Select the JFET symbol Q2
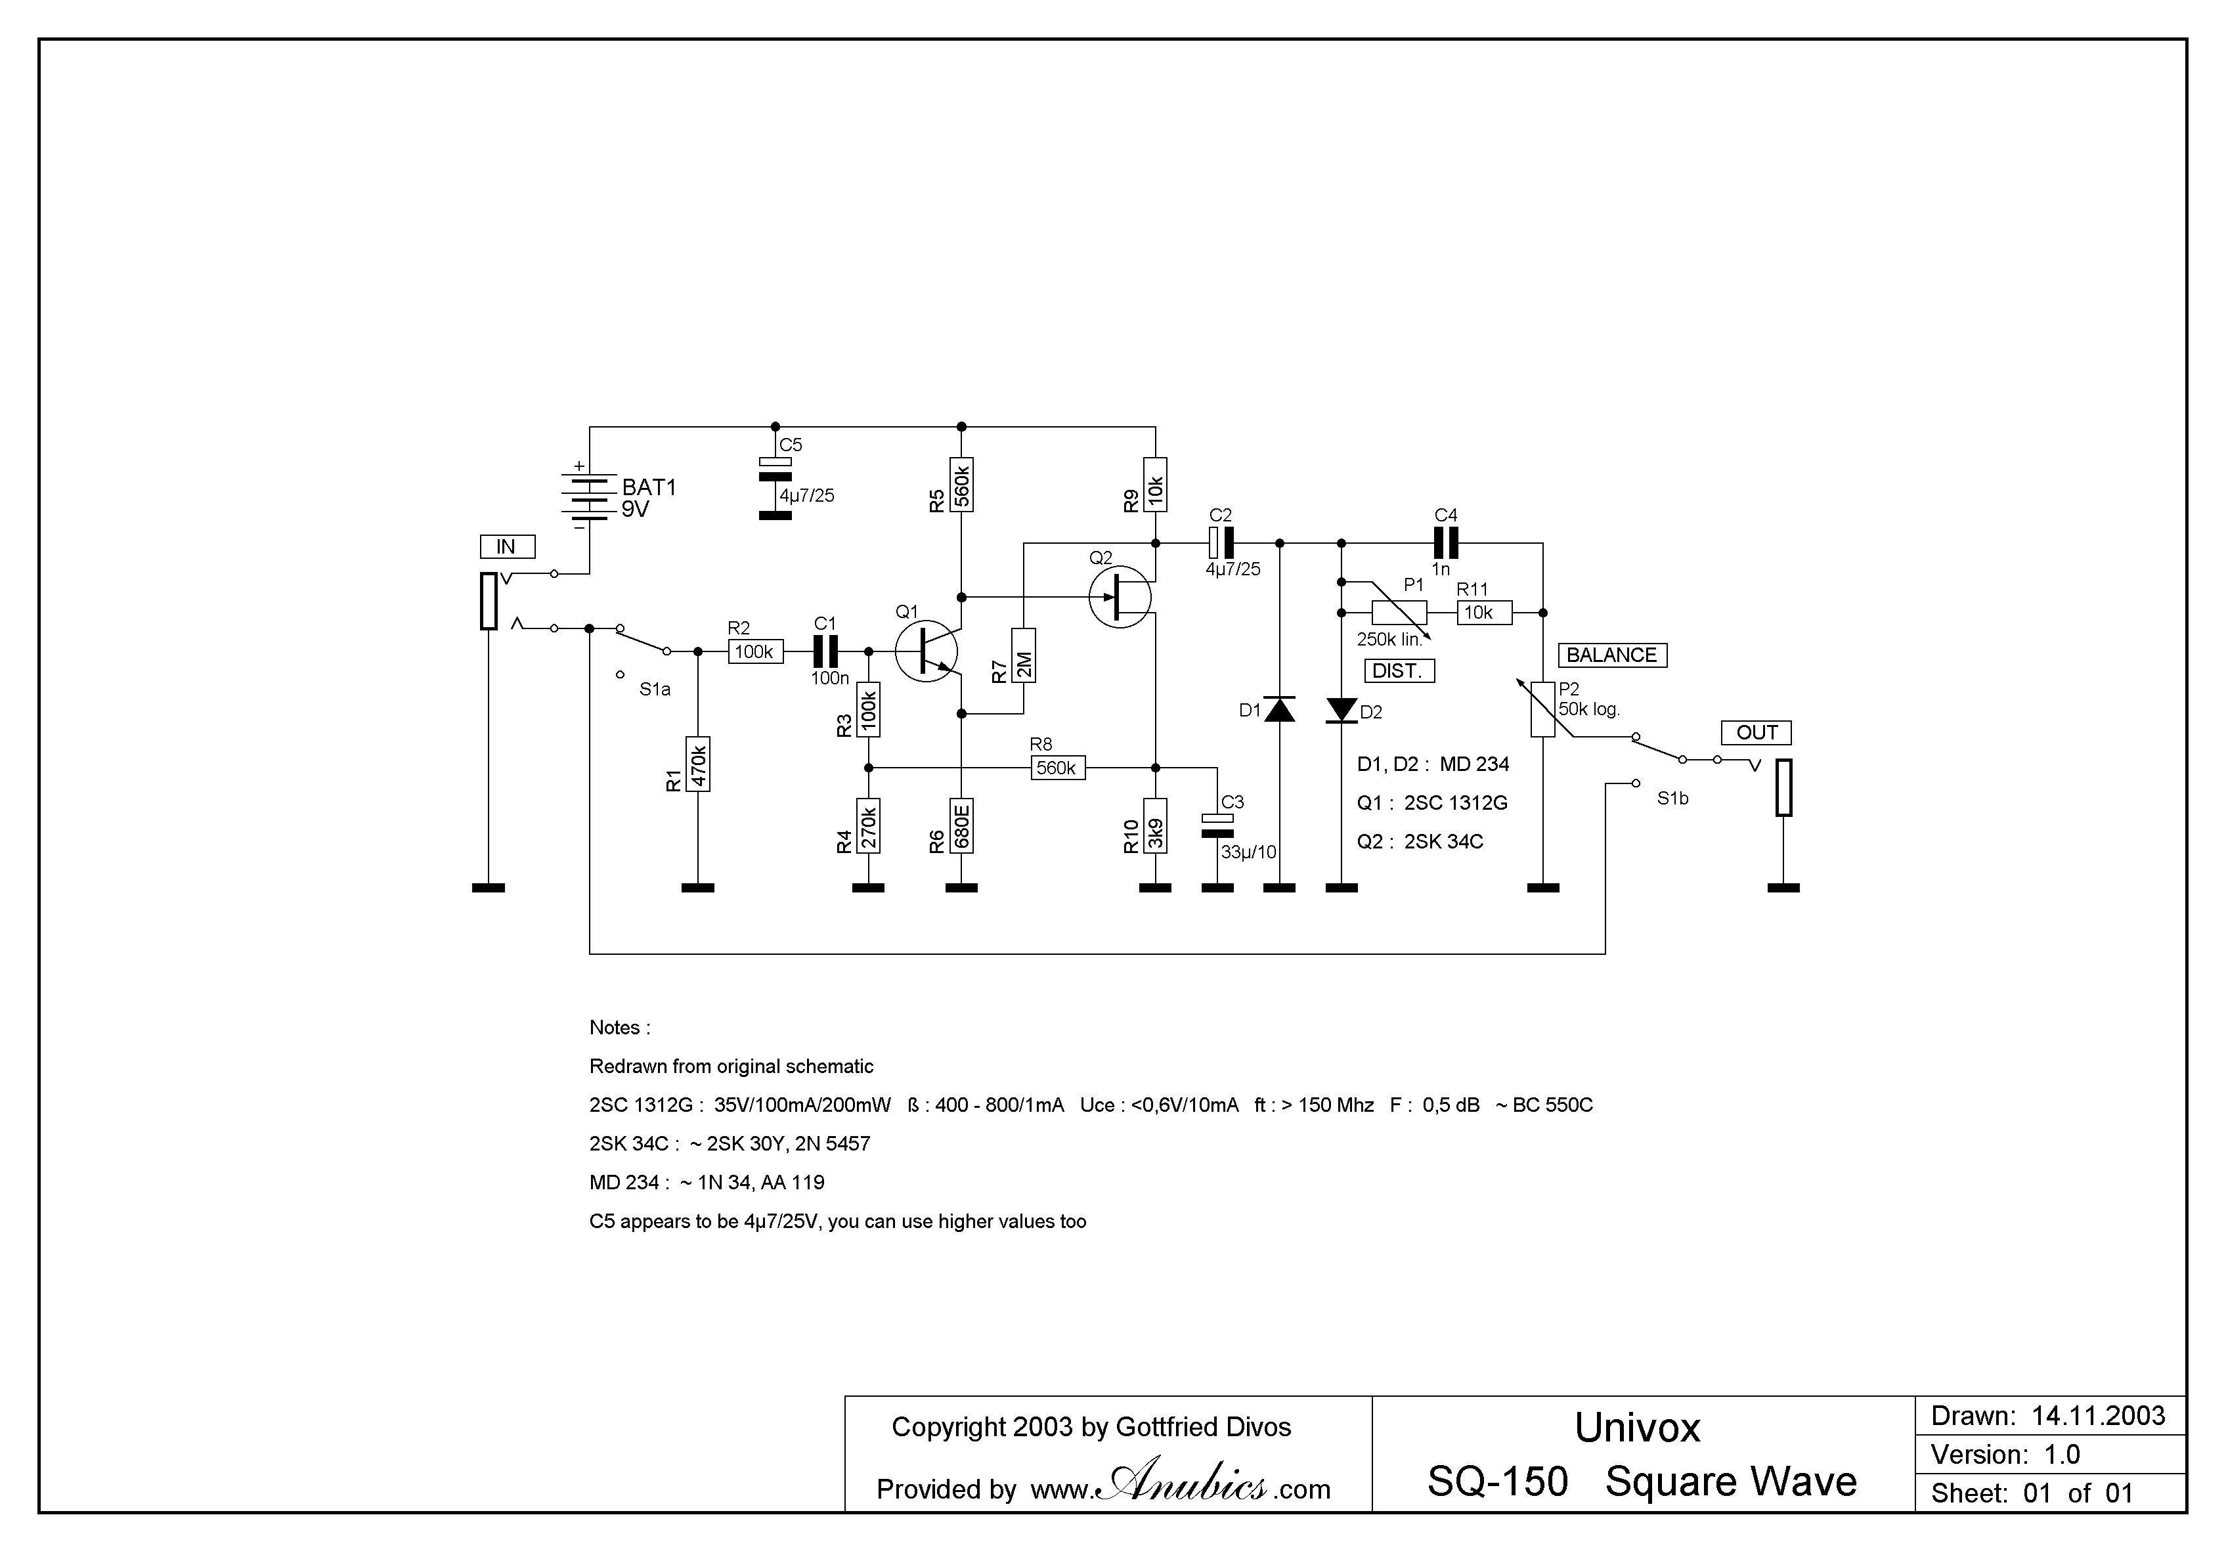tap(1120, 597)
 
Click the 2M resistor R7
tap(1024, 655)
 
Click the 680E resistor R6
tap(962, 826)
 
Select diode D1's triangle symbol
tap(1280, 710)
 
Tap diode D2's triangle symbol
tap(1342, 710)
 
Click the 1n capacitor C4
tap(1445, 543)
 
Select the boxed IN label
tap(506, 547)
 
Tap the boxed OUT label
tap(1756, 733)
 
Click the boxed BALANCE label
tap(1611, 655)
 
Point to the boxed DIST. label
tap(1398, 671)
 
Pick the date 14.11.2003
tap(2098, 1416)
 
